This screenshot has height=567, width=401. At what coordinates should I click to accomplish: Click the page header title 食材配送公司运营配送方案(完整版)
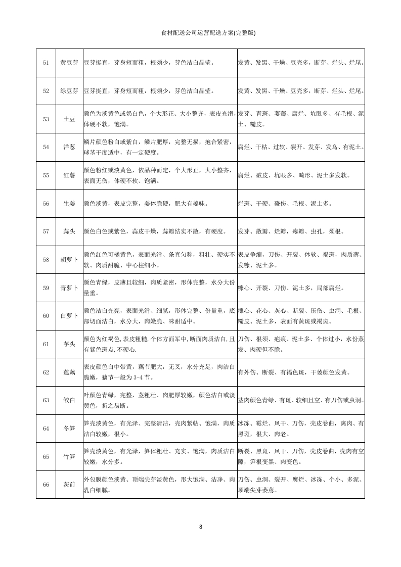point(208,33)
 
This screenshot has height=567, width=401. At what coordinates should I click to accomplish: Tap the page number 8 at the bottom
point(201,527)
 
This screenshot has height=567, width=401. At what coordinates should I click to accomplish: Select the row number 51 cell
point(46,63)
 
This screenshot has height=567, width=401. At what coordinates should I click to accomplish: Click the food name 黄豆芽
point(69,63)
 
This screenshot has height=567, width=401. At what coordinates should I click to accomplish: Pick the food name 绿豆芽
point(69,91)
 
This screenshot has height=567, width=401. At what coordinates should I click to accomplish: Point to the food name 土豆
point(69,119)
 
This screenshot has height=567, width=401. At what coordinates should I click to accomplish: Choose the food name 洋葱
point(69,147)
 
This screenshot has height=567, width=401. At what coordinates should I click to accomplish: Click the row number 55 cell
point(46,175)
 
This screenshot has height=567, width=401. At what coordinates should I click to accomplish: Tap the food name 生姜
point(69,203)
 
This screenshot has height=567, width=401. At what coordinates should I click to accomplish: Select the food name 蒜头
point(69,231)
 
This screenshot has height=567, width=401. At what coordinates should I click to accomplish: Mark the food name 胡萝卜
point(69,260)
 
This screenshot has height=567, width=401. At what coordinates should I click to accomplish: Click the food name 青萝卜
point(69,288)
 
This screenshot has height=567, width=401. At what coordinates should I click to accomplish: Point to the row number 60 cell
point(46,316)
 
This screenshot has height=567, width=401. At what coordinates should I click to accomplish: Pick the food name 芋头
point(69,344)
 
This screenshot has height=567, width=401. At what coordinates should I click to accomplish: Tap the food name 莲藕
point(69,372)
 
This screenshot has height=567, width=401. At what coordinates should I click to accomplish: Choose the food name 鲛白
point(69,400)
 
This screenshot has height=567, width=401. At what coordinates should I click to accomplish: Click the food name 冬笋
point(69,429)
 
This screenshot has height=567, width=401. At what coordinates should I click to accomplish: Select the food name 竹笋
point(69,457)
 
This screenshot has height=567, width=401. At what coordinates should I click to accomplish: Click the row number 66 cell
point(46,485)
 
